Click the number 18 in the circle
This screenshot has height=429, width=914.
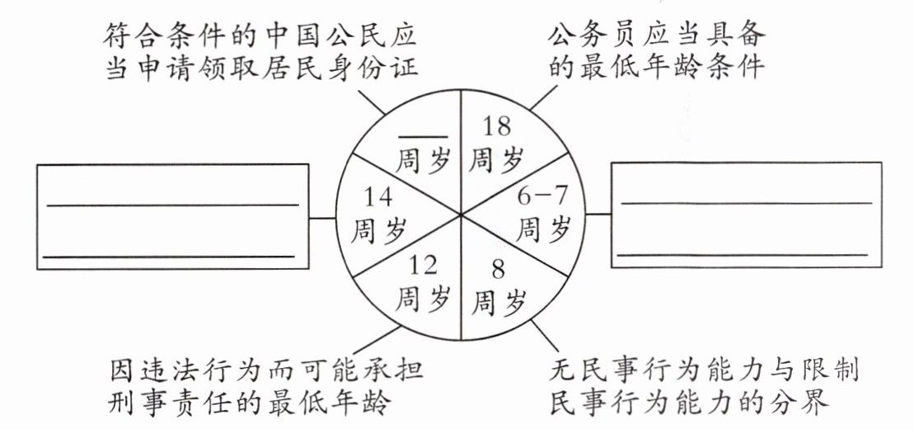496,126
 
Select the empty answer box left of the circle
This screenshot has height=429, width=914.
172,216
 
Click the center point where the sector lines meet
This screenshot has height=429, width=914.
459,215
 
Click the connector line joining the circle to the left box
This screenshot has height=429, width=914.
324,219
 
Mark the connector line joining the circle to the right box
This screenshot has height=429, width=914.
599,214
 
